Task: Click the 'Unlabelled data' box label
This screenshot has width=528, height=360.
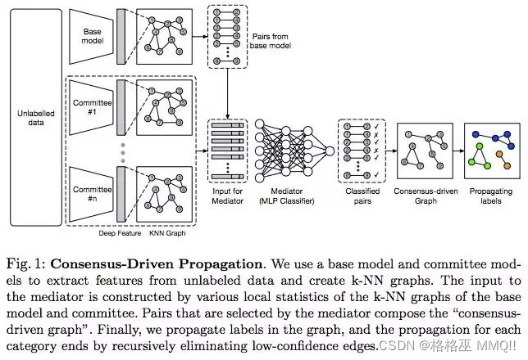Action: point(36,118)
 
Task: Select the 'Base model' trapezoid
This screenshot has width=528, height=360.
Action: point(91,36)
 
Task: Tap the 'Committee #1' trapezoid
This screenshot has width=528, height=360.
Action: point(91,107)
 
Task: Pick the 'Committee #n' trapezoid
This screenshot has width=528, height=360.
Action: point(91,194)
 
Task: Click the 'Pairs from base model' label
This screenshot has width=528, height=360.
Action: point(271,41)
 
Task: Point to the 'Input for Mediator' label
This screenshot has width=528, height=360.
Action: point(228,196)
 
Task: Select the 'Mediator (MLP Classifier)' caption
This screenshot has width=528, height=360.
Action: point(287,196)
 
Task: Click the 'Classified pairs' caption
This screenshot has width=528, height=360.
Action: point(362,196)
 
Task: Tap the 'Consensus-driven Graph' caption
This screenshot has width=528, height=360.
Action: point(426,196)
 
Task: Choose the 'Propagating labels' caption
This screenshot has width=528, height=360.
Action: point(491,196)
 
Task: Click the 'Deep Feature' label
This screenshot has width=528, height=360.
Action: point(120,233)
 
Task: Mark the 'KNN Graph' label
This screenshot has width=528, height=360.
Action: point(167,233)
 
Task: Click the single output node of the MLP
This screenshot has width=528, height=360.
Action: point(330,151)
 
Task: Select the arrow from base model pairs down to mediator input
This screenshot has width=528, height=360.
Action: point(228,93)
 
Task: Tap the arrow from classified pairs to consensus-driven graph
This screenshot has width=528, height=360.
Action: point(392,151)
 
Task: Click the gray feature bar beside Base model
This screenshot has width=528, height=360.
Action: point(121,36)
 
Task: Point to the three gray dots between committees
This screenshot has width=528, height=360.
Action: point(123,153)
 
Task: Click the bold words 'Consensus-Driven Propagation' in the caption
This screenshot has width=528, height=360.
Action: point(157,264)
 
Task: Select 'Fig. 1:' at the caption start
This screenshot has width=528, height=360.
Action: point(26,264)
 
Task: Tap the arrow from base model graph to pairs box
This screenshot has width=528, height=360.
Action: point(200,36)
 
